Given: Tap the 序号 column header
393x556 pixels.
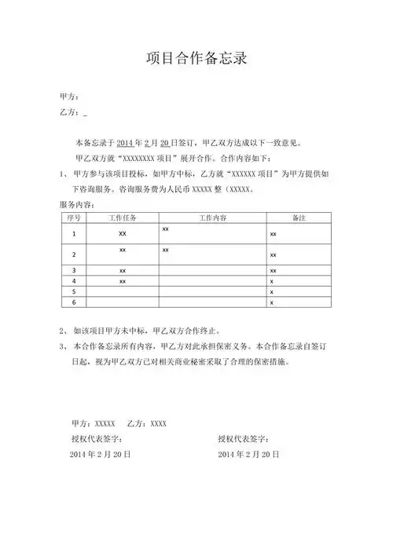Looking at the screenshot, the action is (x=74, y=217).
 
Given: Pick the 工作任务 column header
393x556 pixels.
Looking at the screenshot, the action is (x=123, y=217).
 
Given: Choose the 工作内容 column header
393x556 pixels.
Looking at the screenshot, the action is (x=212, y=217).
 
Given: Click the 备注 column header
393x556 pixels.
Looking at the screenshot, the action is (x=298, y=217).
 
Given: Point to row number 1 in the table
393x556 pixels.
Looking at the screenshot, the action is (x=74, y=234).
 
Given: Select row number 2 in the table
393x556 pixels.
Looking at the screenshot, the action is (x=74, y=255).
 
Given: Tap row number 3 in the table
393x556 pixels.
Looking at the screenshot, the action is (x=74, y=270).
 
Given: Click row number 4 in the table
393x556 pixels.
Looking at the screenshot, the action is (x=74, y=280).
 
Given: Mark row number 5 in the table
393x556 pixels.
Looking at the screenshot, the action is (x=74, y=291).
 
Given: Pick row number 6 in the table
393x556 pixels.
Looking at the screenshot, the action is (x=74, y=302).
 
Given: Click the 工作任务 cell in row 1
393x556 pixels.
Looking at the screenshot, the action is (x=123, y=234).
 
